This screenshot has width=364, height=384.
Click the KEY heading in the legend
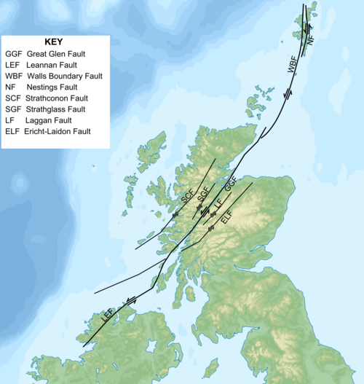point(55,42)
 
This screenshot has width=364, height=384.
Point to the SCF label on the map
point(186,197)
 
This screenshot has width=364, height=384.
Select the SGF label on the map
point(204,195)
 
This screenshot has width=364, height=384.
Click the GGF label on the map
point(231,184)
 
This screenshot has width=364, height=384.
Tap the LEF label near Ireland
point(107,316)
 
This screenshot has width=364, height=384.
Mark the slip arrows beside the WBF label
point(289,93)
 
